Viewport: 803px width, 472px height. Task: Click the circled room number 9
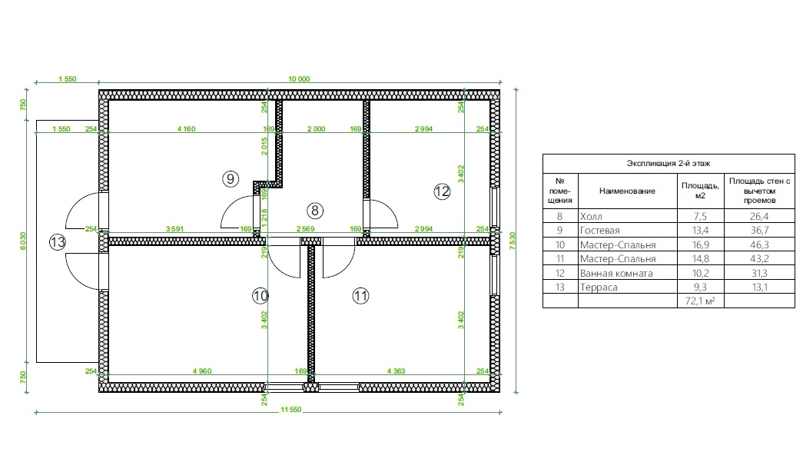tap(231, 178)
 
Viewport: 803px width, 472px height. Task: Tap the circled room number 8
tap(315, 210)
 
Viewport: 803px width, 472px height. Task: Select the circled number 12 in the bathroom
tap(442, 191)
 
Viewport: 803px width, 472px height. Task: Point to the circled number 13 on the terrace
tap(58, 242)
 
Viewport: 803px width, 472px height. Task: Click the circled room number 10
tap(260, 296)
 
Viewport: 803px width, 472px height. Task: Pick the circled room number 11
tap(360, 296)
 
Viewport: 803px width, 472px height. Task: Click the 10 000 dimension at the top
tap(299, 79)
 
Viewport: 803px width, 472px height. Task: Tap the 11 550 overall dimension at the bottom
tap(291, 410)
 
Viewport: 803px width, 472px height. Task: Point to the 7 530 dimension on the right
tap(513, 241)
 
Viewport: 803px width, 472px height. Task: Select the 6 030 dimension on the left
tap(23, 241)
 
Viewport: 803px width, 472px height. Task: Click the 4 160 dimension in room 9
tap(187, 129)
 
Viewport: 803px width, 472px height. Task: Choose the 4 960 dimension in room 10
tap(202, 371)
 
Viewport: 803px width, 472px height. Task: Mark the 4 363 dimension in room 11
tap(397, 371)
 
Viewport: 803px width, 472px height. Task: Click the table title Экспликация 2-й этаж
tap(669, 164)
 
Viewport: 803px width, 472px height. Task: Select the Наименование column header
tap(627, 191)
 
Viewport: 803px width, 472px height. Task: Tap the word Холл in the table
tap(591, 216)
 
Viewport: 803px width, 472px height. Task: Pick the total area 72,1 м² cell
tap(700, 301)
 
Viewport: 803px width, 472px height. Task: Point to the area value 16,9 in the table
tap(700, 245)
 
